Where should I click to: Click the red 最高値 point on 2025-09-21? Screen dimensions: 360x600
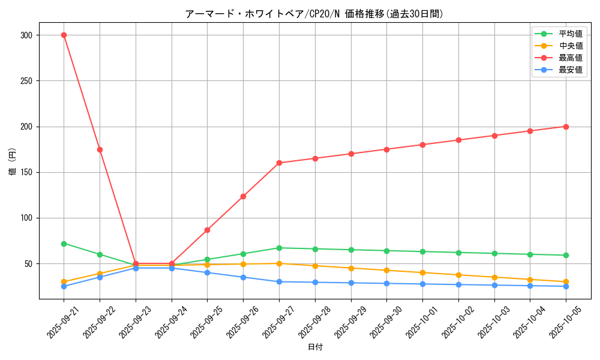click(x=64, y=35)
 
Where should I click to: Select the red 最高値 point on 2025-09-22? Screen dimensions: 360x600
click(x=100, y=149)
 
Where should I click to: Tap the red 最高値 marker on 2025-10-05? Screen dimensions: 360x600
click(x=566, y=127)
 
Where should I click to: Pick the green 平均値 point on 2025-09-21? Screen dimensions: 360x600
click(x=64, y=244)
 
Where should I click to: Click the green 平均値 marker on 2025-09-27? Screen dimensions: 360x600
click(x=279, y=248)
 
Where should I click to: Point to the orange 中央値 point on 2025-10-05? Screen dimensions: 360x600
click(x=566, y=282)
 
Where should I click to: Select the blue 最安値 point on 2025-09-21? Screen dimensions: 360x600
click(x=64, y=286)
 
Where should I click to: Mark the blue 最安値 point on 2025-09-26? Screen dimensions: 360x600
click(x=243, y=277)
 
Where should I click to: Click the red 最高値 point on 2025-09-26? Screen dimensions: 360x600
click(x=243, y=196)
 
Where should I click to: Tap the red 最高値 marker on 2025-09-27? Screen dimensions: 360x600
click(x=279, y=163)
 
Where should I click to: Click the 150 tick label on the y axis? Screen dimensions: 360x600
click(x=26, y=172)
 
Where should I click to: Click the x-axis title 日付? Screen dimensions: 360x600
click(x=315, y=347)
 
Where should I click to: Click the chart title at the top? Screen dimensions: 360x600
click(x=315, y=14)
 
